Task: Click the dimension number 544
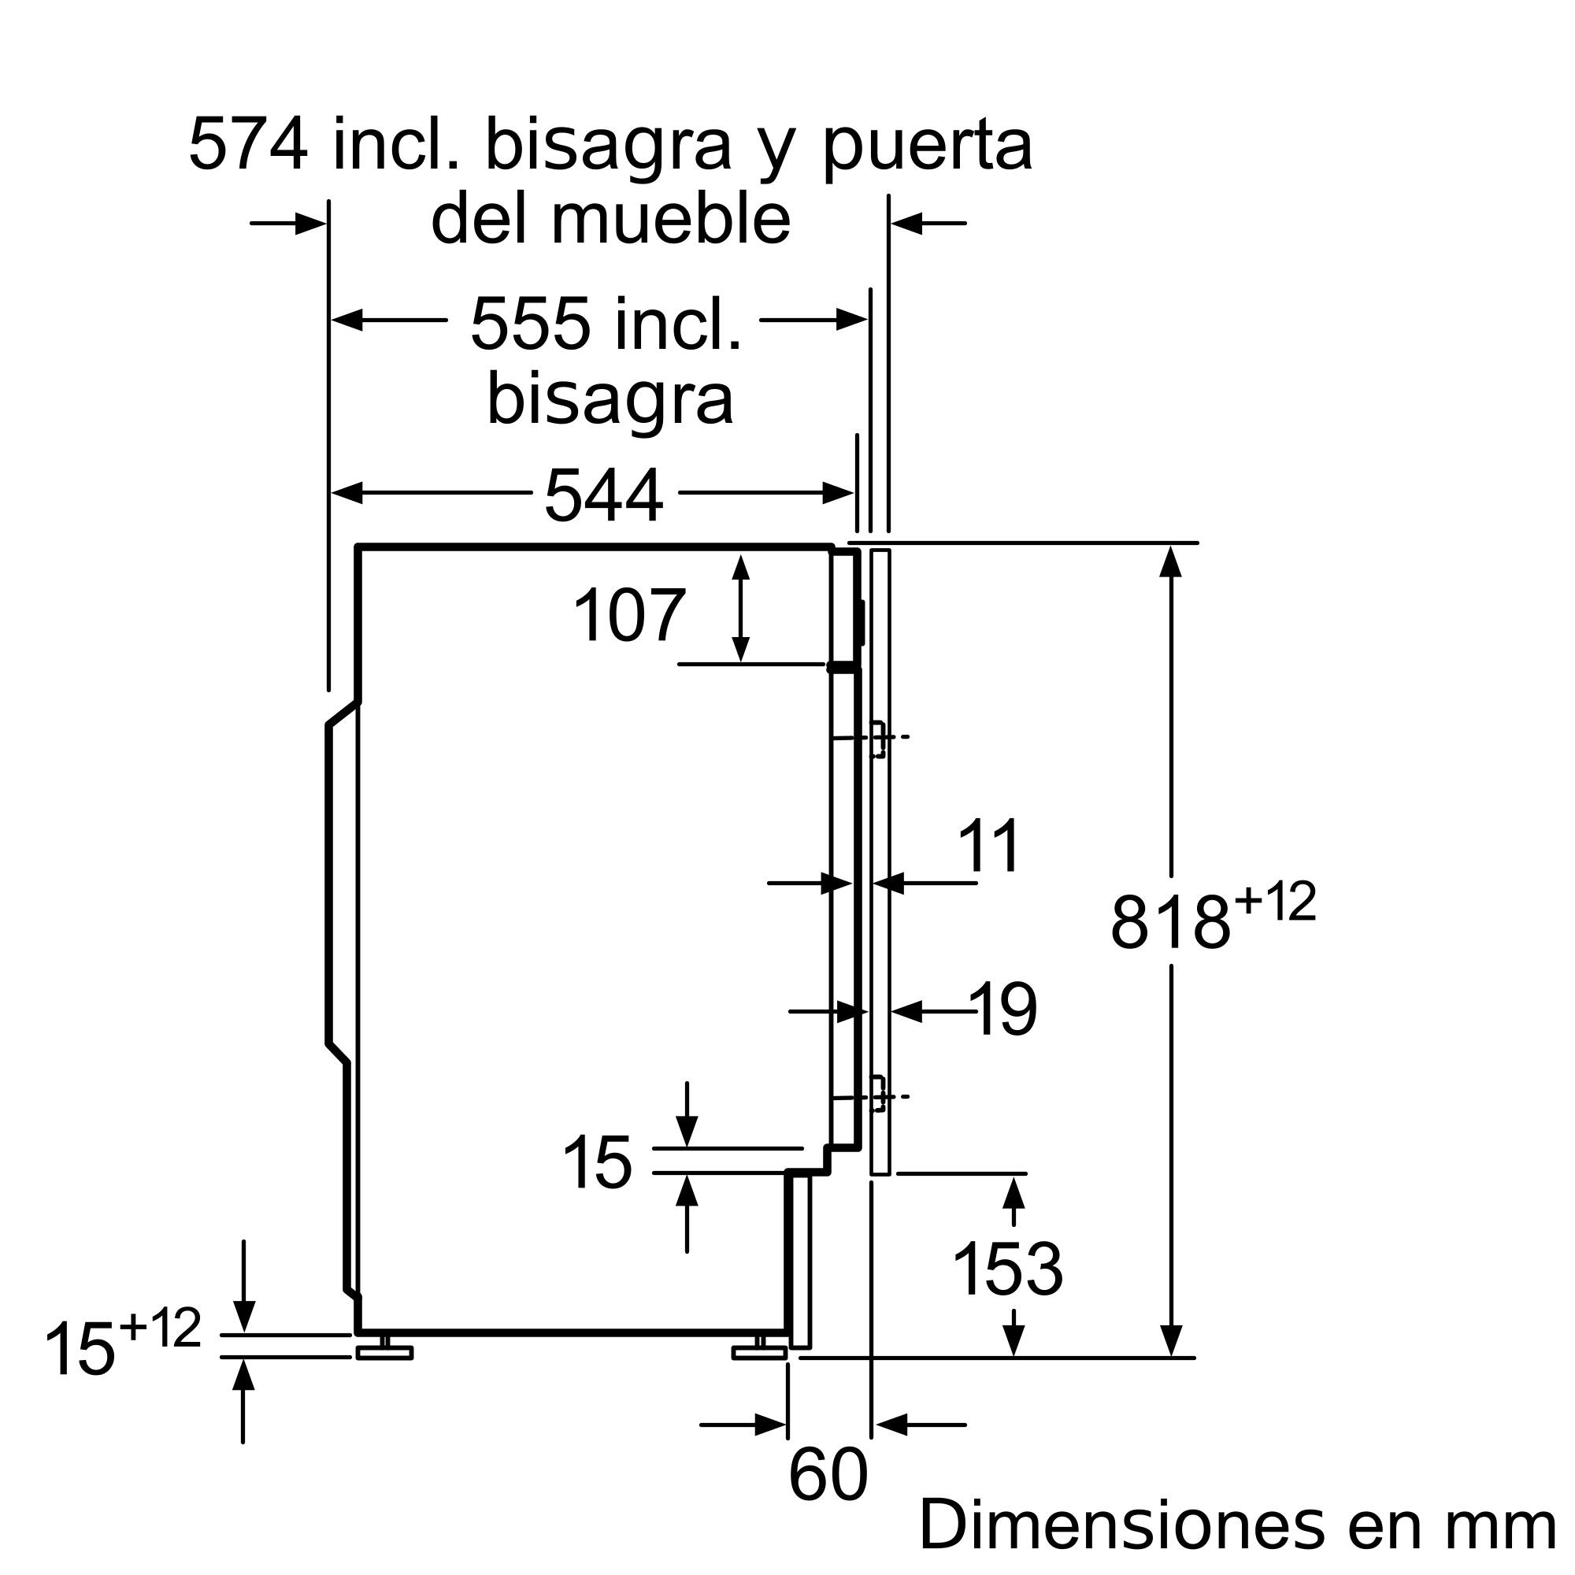[603, 495]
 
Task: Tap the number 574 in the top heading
[249, 145]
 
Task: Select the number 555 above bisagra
[530, 324]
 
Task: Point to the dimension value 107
[628, 617]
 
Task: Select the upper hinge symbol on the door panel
[879, 739]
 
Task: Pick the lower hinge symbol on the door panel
[879, 1095]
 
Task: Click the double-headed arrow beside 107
[740, 608]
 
